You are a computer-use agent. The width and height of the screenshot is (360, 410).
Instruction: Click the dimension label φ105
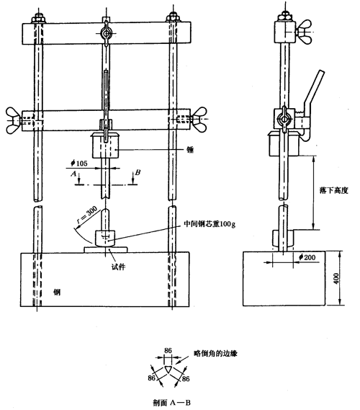point(79,163)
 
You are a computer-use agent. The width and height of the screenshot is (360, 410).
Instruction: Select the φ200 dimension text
point(307,257)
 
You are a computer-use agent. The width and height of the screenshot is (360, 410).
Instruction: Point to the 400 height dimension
point(336,278)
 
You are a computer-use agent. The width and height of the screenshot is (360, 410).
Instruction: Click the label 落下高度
point(333,190)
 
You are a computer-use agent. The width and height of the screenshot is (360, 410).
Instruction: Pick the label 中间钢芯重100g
point(210,224)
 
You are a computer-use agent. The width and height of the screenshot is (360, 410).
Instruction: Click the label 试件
point(118,267)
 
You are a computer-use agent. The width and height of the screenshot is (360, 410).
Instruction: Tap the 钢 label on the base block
point(57,292)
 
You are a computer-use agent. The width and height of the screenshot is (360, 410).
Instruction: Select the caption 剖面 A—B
point(171,402)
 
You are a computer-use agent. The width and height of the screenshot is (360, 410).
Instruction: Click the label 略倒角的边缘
point(215,354)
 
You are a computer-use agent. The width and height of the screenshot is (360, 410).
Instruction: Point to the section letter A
point(73,174)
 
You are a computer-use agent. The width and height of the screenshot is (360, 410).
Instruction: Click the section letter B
point(138,172)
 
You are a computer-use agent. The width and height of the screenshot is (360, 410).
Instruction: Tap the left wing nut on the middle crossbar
point(14,120)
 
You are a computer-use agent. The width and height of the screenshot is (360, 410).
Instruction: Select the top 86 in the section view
point(168,350)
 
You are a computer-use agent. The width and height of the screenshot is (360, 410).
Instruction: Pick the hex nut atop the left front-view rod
point(39,19)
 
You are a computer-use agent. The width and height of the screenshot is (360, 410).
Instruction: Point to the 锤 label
point(190,150)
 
